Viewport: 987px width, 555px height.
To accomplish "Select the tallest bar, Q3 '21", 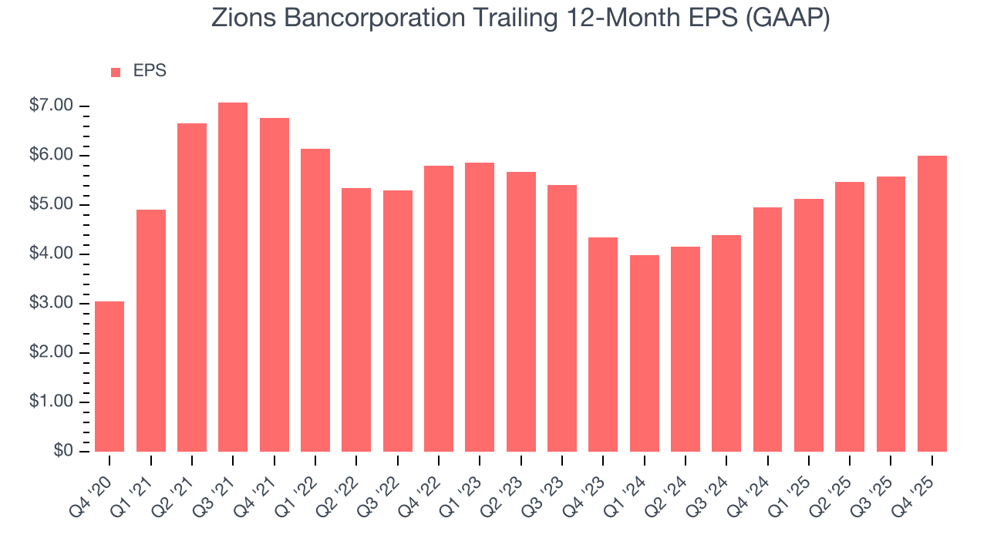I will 233,277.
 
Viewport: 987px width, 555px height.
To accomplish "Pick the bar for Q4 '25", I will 932,304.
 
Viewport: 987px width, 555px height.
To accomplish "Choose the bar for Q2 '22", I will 356,320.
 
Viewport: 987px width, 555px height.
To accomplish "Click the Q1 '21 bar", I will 151,331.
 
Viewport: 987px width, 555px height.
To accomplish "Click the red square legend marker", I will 116,72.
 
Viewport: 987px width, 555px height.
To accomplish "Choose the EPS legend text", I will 150,71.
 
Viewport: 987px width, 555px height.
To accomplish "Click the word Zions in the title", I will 240,18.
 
